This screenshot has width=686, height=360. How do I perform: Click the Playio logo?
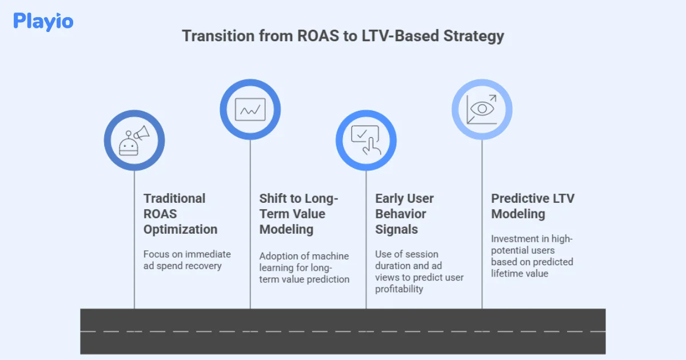[43, 22]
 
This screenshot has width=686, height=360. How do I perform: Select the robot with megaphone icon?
[134, 140]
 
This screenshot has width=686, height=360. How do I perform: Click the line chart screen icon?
[250, 109]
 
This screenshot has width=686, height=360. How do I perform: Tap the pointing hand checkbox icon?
[366, 140]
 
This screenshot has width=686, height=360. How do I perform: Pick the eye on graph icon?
[482, 109]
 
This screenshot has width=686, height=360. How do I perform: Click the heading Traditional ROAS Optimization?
[180, 214]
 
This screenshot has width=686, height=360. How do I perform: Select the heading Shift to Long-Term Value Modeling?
[298, 214]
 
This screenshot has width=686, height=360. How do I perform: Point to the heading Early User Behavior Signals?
[404, 214]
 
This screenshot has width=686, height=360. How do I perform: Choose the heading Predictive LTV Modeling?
[532, 206]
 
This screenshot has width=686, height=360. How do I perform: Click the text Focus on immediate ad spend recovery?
[187, 260]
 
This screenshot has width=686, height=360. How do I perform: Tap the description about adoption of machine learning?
[304, 267]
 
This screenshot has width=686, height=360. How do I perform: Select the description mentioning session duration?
[419, 271]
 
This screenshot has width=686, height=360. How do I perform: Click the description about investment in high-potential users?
[532, 256]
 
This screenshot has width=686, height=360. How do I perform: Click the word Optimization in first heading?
[180, 229]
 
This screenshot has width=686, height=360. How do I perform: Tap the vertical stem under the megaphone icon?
[134, 240]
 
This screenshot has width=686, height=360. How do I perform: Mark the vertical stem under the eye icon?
[482, 229]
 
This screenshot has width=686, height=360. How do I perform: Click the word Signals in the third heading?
[396, 229]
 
